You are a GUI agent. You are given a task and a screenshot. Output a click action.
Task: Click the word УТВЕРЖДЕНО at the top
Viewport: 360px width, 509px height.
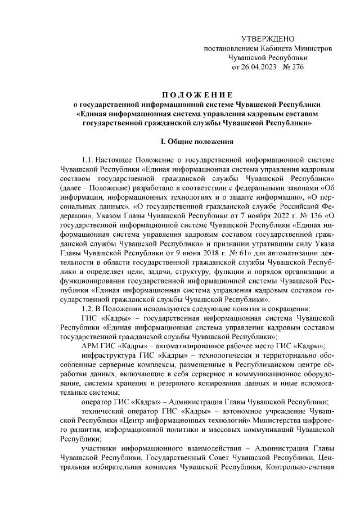point(268,39)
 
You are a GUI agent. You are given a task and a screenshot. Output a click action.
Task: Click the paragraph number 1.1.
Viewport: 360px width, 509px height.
point(90,159)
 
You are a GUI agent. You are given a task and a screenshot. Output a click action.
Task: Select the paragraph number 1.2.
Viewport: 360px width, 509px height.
point(90,309)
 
